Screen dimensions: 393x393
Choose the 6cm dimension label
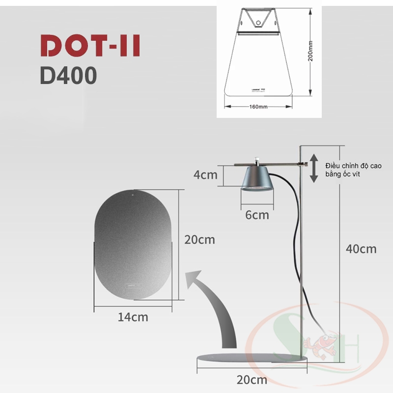(257, 215)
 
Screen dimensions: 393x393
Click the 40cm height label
(361, 249)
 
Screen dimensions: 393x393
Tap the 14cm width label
(133, 317)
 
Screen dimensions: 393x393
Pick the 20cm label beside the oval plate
(199, 240)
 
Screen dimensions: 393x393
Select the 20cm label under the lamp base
(252, 379)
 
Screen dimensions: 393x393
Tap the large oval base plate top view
(133, 244)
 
